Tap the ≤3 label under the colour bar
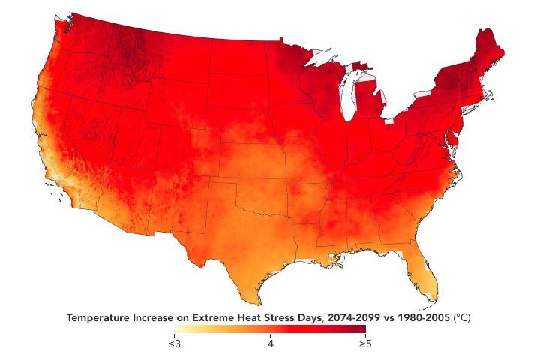(x=174, y=344)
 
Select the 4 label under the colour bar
(x=270, y=344)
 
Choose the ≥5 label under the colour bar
(x=364, y=344)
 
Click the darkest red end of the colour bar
(x=361, y=332)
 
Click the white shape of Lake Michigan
(x=346, y=98)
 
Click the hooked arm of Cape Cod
(x=490, y=95)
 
